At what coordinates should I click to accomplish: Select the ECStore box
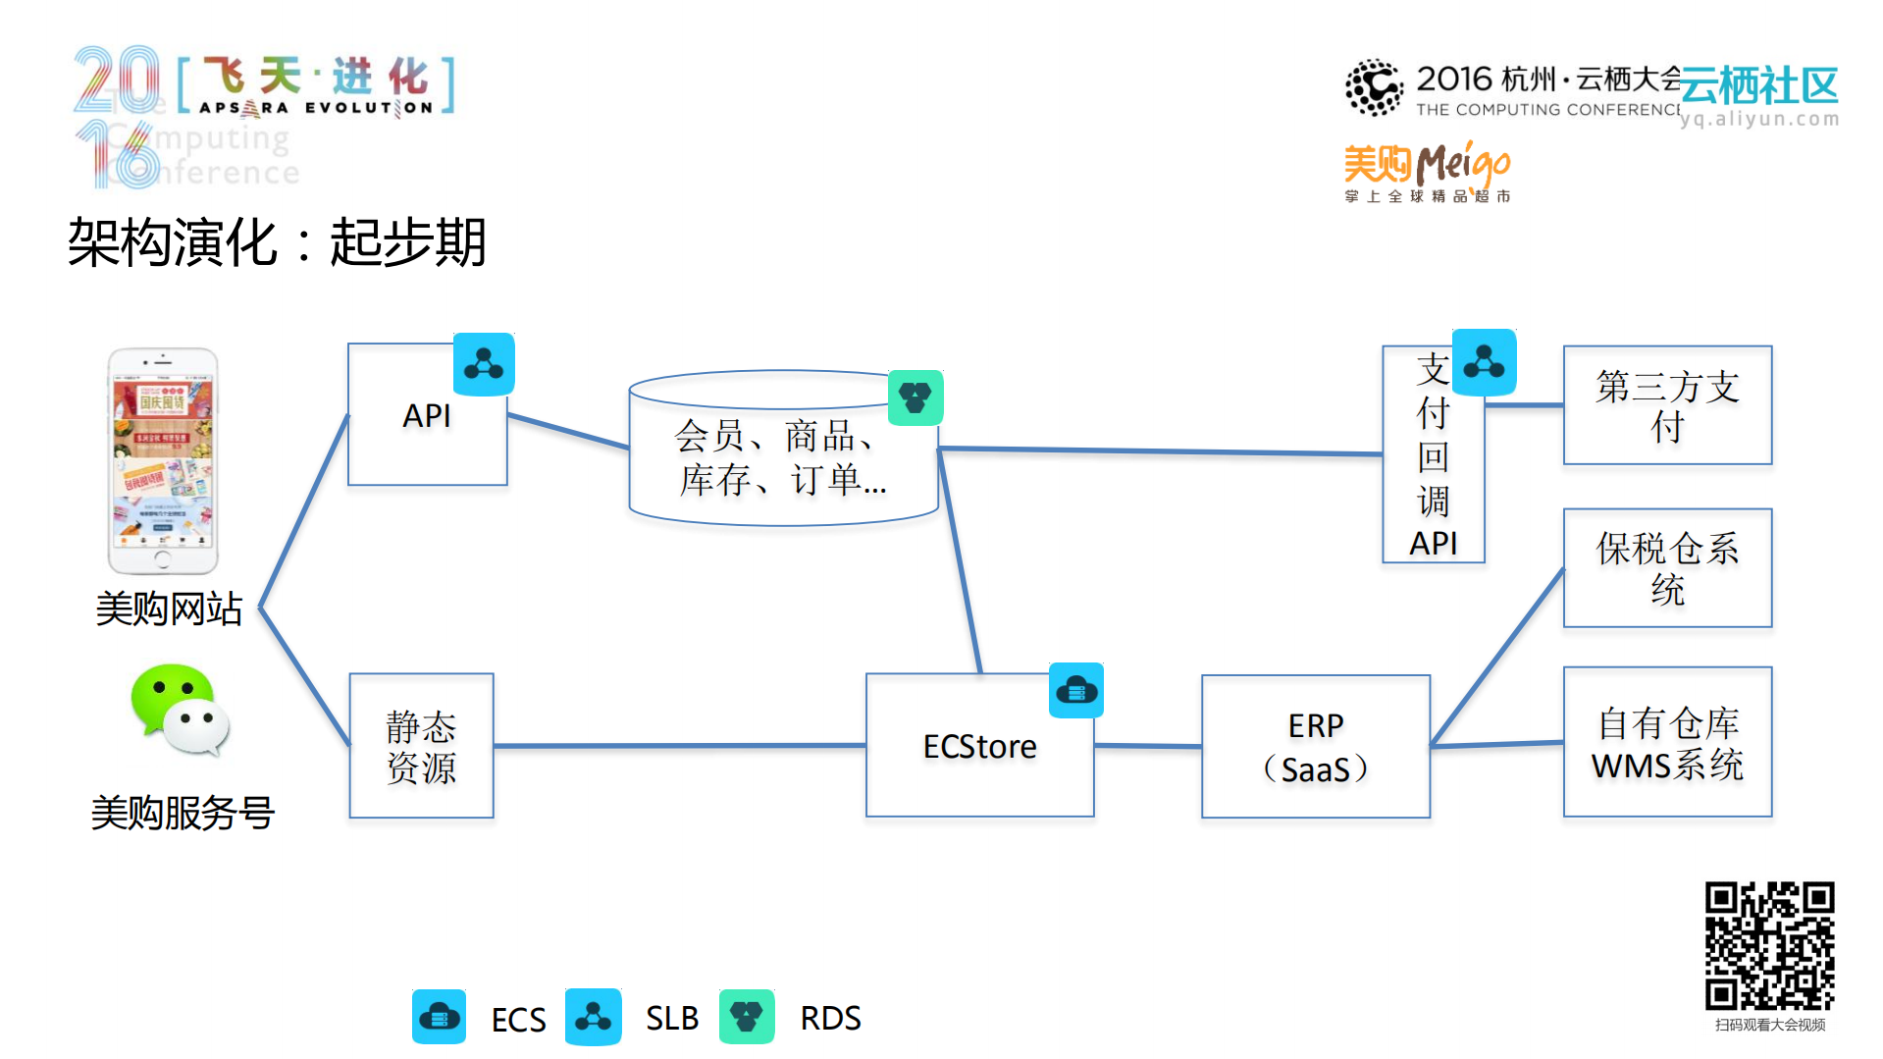point(978,747)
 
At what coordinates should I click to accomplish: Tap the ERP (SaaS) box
point(1315,747)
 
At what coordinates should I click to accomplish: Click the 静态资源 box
point(421,747)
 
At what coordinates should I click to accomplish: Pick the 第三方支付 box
point(1666,405)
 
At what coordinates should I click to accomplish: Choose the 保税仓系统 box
point(1666,568)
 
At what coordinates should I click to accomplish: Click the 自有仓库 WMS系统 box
point(1666,743)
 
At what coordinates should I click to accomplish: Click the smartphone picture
point(163,460)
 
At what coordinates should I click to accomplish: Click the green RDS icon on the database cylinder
point(915,397)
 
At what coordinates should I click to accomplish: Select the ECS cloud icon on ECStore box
point(1075,691)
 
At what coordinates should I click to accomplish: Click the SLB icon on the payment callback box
point(1483,363)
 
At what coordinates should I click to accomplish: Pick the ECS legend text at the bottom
point(518,1020)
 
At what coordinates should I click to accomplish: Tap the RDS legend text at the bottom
point(830,1019)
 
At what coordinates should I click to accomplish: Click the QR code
point(1768,946)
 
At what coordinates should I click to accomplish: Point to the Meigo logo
point(1427,169)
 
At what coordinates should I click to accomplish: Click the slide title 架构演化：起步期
point(277,242)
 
